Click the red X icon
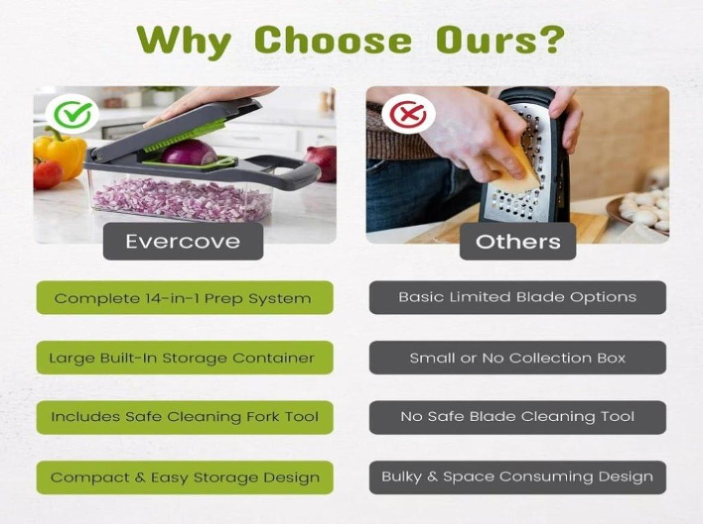point(408,113)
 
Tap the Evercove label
point(183,241)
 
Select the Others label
point(518,241)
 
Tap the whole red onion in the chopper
point(189,152)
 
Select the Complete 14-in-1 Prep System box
point(185,297)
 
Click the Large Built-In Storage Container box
point(185,358)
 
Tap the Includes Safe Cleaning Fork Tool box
point(185,418)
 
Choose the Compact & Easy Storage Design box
point(185,477)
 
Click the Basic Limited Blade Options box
point(518,297)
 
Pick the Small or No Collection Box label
point(518,358)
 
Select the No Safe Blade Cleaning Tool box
point(518,418)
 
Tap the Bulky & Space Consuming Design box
point(518,477)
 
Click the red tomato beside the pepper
point(47,173)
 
